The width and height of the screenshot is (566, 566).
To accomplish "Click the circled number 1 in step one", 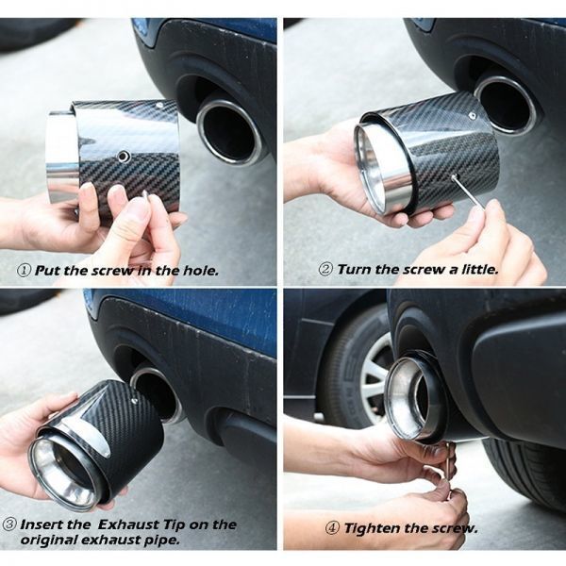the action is coord(25,271).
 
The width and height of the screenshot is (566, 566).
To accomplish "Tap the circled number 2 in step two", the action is coord(325,270).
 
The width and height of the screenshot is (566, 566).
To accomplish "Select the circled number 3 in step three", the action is coord(9,524).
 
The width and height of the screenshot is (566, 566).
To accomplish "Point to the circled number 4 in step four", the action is coord(332,528).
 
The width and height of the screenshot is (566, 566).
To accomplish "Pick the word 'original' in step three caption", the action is coord(48,541).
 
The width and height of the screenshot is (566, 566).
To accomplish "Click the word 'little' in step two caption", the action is coord(480,270).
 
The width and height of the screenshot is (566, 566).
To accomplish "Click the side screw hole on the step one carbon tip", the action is coord(124,156).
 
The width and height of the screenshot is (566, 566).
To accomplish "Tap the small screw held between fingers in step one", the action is coord(145,194).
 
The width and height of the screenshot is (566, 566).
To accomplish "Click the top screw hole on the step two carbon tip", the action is coord(472,115).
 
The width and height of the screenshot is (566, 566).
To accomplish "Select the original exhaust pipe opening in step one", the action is coord(229,131).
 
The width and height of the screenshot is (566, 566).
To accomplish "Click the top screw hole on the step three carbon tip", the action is coord(134,401).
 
